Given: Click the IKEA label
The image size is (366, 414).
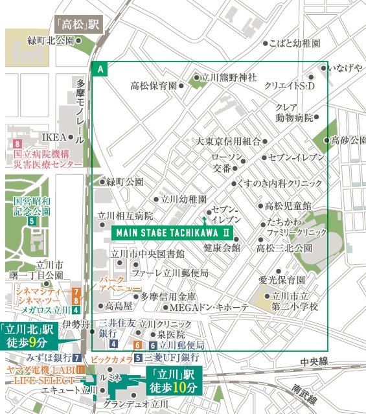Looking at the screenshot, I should (x=54, y=137).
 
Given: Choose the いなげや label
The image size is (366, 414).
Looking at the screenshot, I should (x=345, y=68).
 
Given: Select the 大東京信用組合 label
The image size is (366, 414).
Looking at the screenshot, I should (x=228, y=142).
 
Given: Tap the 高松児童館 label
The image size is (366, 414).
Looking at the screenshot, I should (x=288, y=206).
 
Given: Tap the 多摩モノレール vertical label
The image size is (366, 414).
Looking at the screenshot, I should (x=80, y=111).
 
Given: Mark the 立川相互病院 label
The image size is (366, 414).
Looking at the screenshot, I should (x=124, y=216).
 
